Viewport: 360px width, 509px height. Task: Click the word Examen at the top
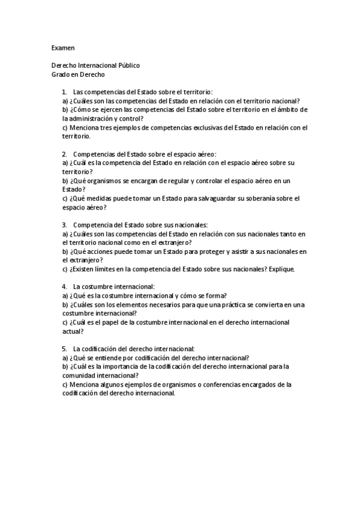(x=63, y=46)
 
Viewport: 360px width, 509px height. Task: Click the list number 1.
(x=64, y=92)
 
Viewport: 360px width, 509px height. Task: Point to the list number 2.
(x=64, y=154)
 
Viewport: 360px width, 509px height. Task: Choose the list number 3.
(x=64, y=225)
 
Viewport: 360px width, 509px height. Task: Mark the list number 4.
(x=64, y=287)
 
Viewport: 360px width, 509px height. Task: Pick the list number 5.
(x=64, y=349)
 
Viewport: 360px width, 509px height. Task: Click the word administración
(x=94, y=119)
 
